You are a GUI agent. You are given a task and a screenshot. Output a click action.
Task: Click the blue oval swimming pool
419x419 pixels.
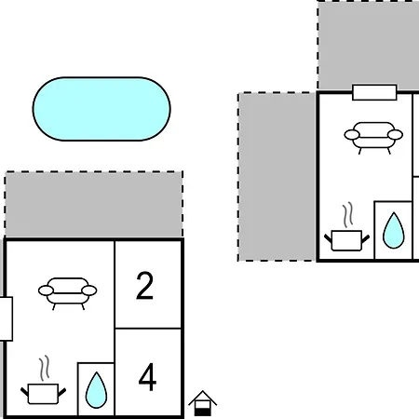[101, 109]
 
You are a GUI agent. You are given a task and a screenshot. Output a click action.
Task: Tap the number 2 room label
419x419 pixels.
[144, 286]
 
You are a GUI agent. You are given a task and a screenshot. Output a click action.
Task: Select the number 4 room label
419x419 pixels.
[147, 377]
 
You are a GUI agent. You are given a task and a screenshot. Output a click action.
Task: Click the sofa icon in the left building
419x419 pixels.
[68, 293]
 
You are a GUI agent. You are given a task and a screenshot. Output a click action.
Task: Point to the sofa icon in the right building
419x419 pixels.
[373, 138]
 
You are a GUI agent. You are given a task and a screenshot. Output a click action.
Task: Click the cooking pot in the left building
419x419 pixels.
[43, 394]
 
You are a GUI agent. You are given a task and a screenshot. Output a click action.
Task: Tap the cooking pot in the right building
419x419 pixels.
[346, 240]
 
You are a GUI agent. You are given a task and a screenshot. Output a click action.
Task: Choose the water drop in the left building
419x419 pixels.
[96, 390]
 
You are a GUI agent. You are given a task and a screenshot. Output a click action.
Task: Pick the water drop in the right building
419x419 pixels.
[394, 230]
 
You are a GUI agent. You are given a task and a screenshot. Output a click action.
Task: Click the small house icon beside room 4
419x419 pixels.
[202, 403]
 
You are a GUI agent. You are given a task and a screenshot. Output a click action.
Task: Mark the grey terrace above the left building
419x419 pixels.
[94, 204]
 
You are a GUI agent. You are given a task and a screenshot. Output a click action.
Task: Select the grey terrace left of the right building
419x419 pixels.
[277, 177]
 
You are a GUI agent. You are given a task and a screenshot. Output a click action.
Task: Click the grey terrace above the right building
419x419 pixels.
[368, 46]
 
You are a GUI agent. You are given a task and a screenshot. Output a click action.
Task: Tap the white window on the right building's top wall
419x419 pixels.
[374, 92]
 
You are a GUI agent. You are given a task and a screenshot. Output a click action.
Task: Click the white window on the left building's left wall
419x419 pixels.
[7, 318]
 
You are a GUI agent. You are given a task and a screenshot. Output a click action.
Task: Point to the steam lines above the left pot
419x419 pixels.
[45, 368]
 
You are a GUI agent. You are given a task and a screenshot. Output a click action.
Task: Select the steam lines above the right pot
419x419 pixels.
[348, 214]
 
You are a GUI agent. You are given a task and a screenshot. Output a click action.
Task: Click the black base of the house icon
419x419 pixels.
[202, 412]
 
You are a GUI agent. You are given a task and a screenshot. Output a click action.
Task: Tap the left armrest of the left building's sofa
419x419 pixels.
[46, 291]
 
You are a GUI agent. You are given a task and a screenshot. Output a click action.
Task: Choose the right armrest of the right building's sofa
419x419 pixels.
[396, 135]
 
